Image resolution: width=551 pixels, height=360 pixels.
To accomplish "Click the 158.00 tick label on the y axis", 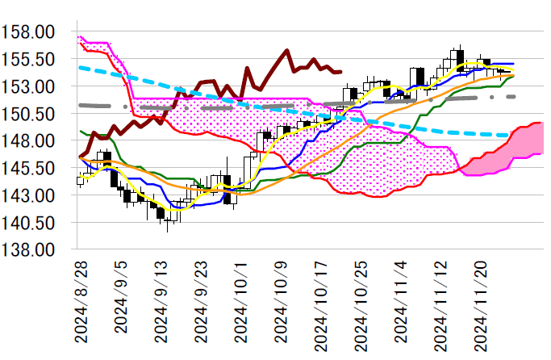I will pos(28,32).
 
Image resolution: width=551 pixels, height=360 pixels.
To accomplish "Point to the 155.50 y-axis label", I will pos(28,60).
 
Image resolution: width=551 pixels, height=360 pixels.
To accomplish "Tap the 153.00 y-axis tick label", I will pos(28,86).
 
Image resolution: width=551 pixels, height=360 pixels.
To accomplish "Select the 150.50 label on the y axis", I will pos(28,114).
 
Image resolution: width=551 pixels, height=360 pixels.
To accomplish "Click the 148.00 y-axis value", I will pos(28,140).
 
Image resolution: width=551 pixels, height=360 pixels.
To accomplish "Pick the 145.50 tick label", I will pos(28,168).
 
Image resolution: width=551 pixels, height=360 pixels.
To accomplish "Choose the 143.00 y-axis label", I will pos(28,195).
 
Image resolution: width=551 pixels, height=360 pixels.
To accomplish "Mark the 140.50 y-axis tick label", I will pos(28,222).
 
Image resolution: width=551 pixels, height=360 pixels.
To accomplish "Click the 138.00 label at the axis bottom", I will pos(28,249).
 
